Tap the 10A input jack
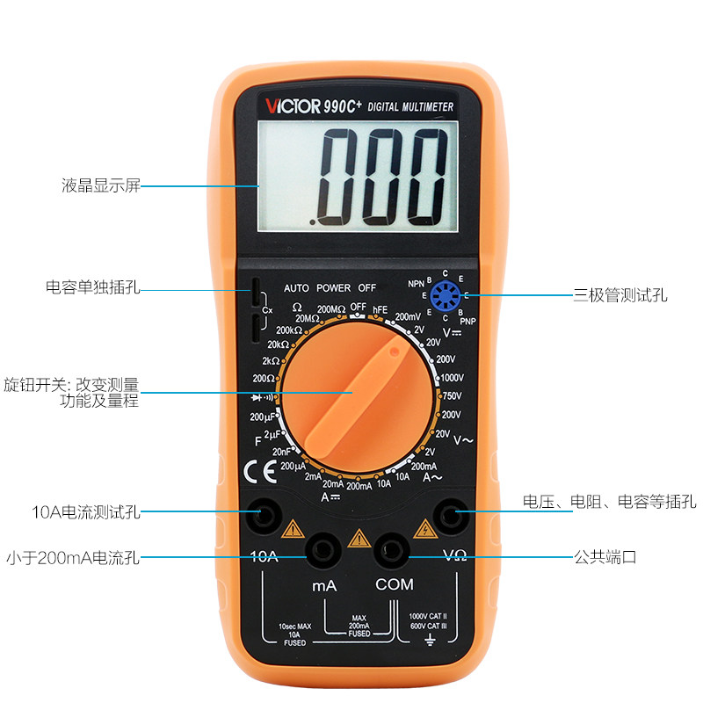click(260, 517)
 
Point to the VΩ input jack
click(454, 517)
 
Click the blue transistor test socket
click(446, 294)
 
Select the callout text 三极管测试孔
click(620, 295)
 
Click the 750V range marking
click(451, 396)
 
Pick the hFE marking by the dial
click(380, 308)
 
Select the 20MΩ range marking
click(308, 318)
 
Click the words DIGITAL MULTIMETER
click(410, 106)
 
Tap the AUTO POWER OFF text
click(330, 287)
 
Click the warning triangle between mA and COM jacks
click(357, 538)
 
